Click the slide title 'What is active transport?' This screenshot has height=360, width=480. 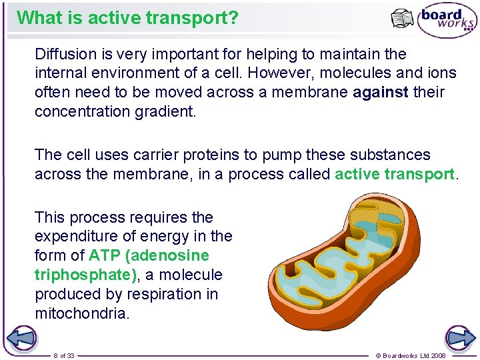127,17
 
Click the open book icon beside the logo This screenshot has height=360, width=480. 402,19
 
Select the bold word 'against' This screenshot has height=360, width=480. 380,92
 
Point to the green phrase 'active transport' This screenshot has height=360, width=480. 394,175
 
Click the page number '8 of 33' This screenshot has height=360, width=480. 64,355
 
